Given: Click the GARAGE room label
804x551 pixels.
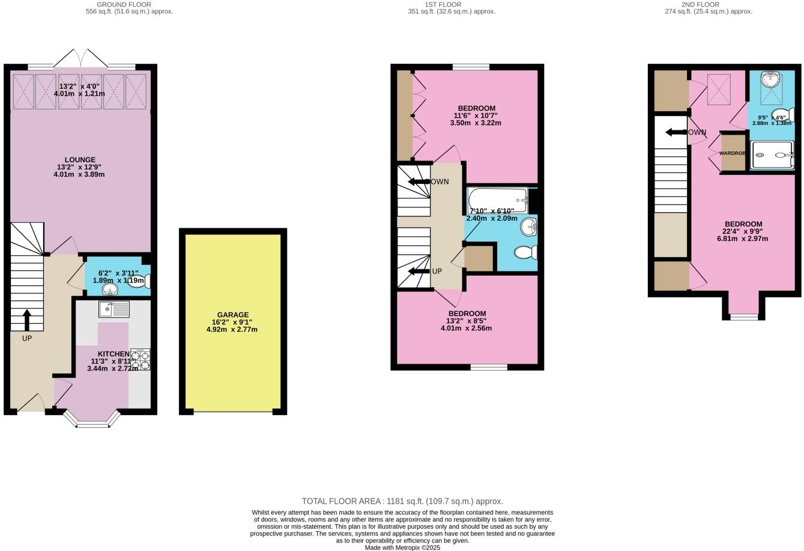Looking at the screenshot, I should click(x=232, y=315).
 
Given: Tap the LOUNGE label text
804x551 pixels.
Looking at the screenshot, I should click(x=80, y=160).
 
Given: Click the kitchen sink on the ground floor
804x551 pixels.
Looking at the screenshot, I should click(x=114, y=309).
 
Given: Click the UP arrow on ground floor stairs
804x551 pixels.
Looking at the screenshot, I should click(x=26, y=319).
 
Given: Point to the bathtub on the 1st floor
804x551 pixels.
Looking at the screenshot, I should click(x=497, y=200).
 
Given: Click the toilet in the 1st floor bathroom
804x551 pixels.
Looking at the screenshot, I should click(x=527, y=252).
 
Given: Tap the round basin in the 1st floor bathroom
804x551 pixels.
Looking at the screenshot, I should click(x=528, y=227).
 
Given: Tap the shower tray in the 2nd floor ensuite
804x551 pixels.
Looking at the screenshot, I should click(x=772, y=155).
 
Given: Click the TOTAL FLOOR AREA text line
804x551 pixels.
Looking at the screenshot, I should click(x=402, y=501).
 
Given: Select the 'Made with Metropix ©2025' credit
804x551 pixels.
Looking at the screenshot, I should click(x=402, y=547).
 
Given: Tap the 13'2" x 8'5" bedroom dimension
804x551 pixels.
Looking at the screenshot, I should click(x=467, y=321).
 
